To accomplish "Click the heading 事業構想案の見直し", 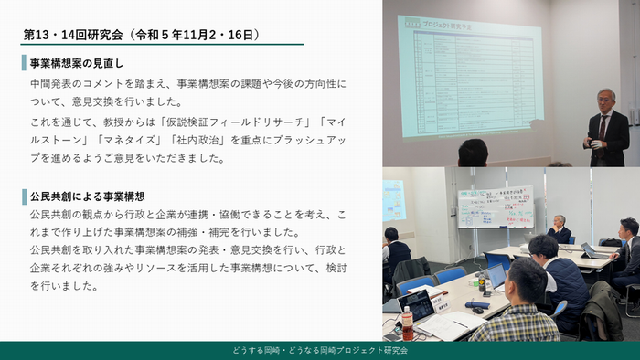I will pos(77,64).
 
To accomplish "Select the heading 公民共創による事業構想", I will pos(88,196).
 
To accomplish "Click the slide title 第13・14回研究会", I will pos(80,35).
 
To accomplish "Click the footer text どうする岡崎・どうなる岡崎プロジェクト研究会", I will pos(320,350).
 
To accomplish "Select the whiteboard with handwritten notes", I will pos(495,206).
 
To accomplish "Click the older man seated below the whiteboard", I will pos(559,228).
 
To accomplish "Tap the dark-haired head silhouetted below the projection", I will pos(473,153).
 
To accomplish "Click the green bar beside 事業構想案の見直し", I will pos(24,64).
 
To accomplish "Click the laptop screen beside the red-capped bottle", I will pos(417,303).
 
